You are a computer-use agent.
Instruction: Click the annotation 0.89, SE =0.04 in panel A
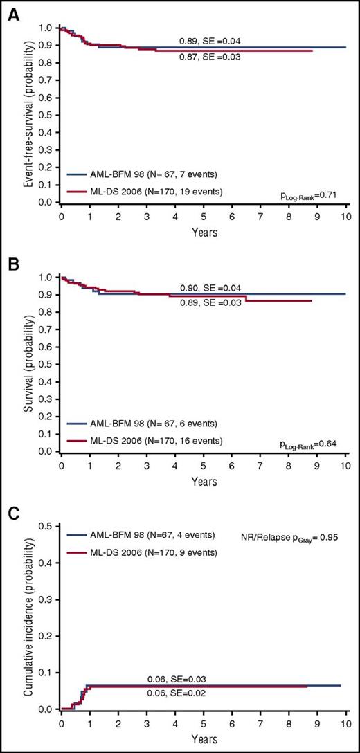point(210,42)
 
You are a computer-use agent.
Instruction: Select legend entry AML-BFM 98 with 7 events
point(143,176)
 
